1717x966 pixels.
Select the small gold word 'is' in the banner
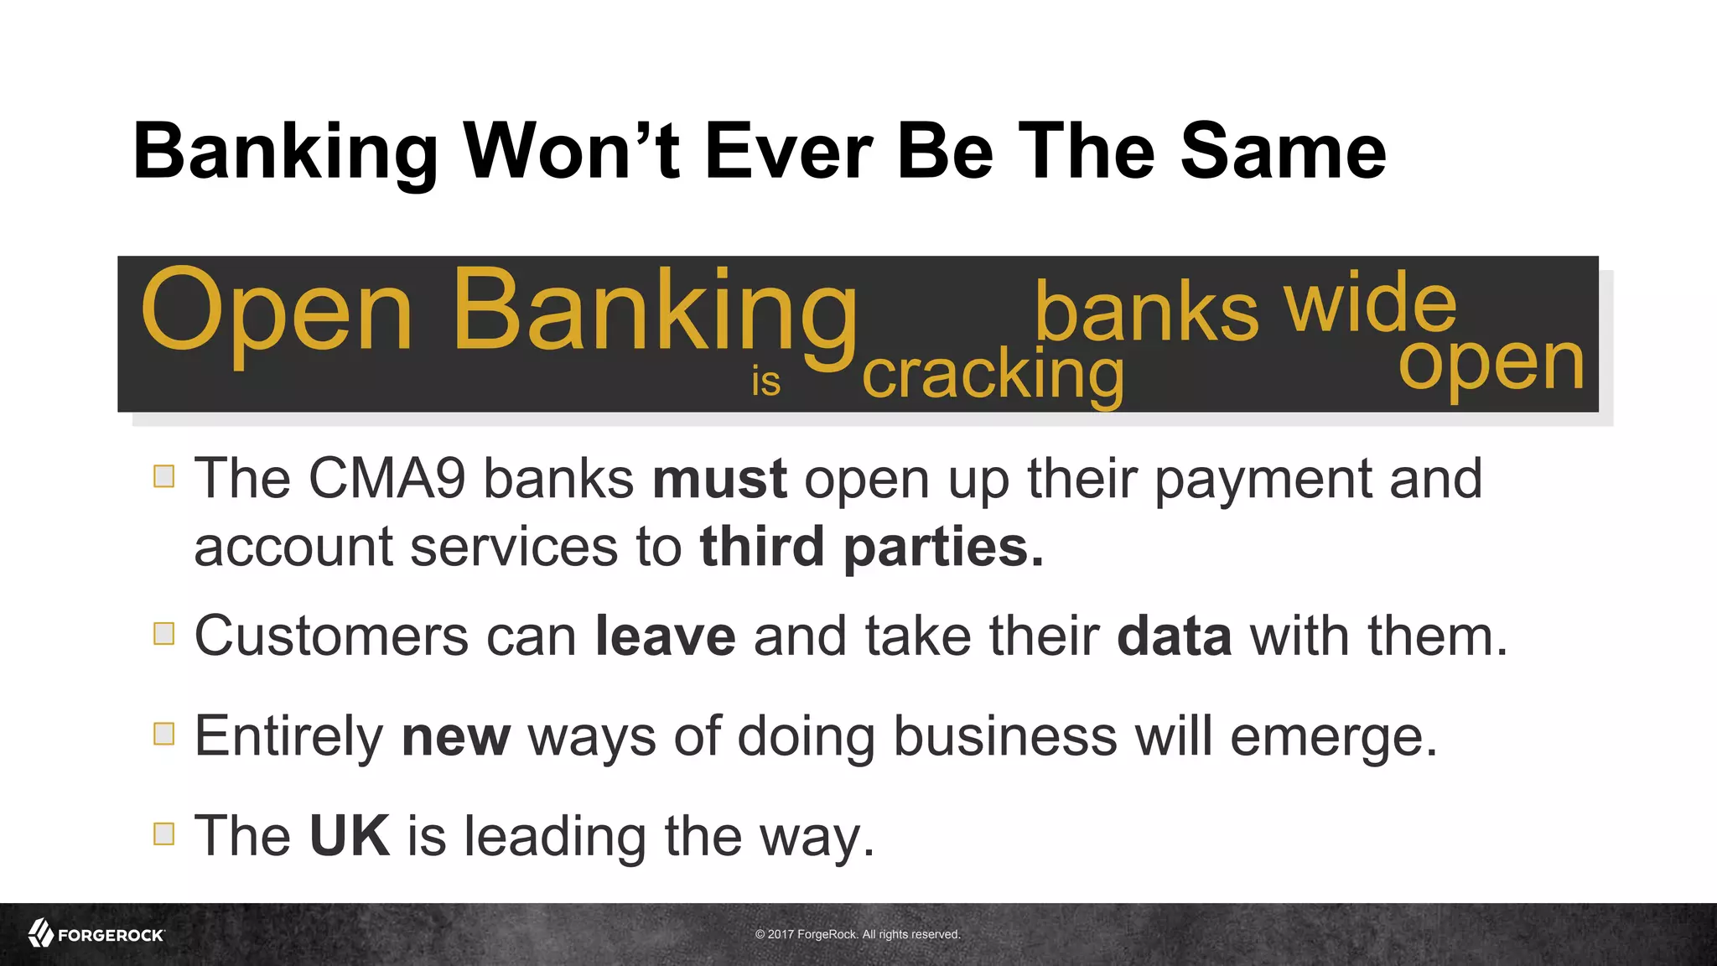tap(765, 382)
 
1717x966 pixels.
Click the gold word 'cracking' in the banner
tap(993, 375)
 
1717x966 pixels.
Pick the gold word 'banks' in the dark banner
tap(1146, 312)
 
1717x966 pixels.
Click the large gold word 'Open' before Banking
tap(277, 312)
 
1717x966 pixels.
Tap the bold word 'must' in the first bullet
tap(719, 479)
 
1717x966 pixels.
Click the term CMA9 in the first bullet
tap(386, 479)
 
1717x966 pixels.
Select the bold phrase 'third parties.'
tap(872, 548)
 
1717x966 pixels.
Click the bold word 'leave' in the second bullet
tap(665, 636)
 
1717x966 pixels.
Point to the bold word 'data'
tap(1174, 636)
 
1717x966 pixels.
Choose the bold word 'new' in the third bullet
tap(455, 736)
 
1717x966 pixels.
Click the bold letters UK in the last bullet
tap(349, 836)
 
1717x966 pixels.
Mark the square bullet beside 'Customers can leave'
tap(164, 634)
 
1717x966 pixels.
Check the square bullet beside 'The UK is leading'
tap(164, 834)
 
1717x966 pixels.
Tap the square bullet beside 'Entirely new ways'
tap(164, 734)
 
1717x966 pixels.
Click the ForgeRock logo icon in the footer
tap(41, 933)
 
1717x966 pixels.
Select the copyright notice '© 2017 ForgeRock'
tap(858, 934)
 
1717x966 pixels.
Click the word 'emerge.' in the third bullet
tap(1334, 736)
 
